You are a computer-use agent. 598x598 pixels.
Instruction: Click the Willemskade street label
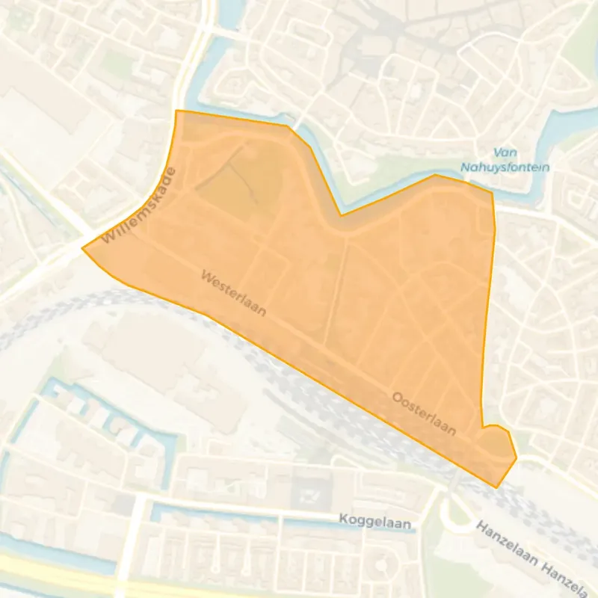click(141, 206)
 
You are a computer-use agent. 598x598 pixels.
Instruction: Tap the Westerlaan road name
click(233, 292)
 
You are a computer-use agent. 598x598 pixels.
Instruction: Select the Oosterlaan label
click(424, 413)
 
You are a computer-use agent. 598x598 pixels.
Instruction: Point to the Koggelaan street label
click(375, 522)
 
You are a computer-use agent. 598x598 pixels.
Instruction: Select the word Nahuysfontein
click(513, 167)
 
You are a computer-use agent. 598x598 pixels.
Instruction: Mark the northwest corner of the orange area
click(176, 111)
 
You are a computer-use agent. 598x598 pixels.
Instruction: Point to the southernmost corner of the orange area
click(496, 487)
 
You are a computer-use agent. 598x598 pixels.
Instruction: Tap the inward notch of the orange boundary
click(341, 215)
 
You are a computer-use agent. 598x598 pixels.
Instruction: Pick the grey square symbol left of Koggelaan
click(308, 493)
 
